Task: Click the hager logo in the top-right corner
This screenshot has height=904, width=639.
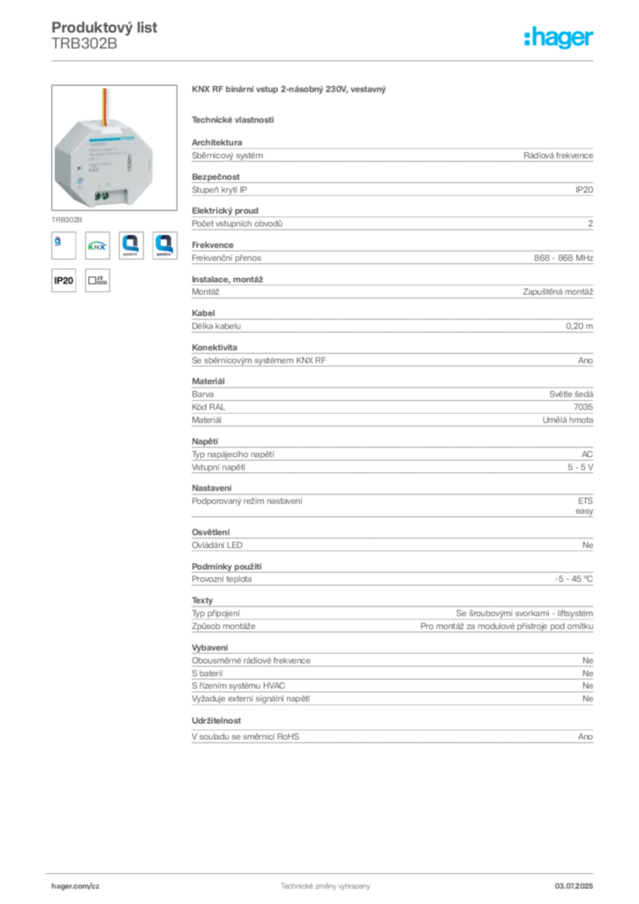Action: coord(560,38)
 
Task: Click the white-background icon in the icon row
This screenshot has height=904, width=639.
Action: coord(131,245)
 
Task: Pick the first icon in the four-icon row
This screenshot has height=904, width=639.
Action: coord(62,245)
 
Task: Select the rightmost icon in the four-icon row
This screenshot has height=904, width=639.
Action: coord(165,245)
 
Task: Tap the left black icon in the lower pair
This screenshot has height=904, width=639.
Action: coord(63,282)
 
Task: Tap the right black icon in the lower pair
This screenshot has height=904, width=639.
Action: coord(98,282)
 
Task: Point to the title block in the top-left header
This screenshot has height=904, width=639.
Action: coord(106,35)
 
